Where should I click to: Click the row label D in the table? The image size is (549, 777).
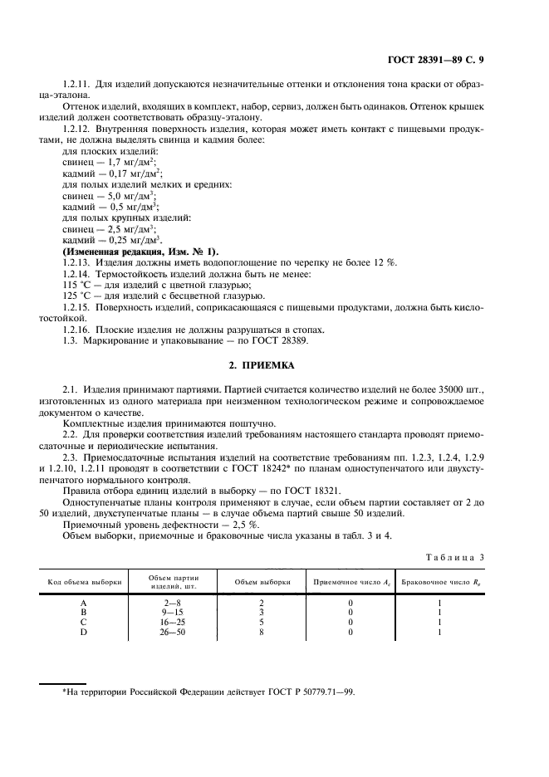tap(83, 633)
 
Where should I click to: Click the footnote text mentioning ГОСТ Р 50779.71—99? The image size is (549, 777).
tap(208, 691)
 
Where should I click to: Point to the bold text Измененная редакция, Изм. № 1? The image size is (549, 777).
tap(140, 251)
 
